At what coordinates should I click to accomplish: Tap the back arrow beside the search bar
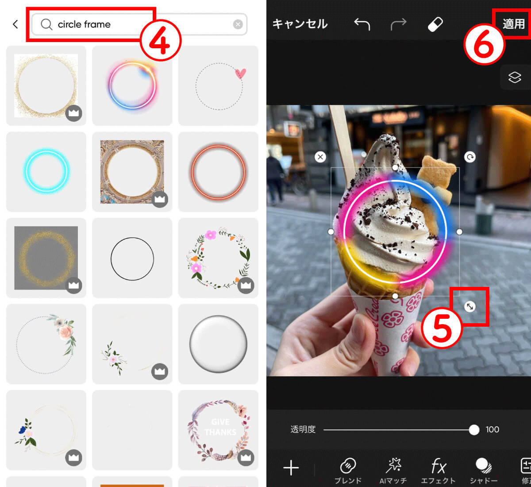tap(15, 24)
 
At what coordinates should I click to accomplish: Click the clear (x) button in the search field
tap(238, 24)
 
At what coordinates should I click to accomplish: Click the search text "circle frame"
tap(84, 24)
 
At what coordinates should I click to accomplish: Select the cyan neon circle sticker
tap(46, 171)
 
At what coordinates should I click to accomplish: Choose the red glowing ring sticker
tap(218, 172)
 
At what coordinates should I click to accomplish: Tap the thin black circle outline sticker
tap(132, 259)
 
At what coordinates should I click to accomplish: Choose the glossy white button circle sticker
tap(218, 344)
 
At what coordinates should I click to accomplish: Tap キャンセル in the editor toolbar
tap(300, 24)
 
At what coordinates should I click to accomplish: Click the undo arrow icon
tap(362, 24)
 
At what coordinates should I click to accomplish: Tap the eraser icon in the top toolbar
tap(435, 24)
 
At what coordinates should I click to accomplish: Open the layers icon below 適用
tap(515, 77)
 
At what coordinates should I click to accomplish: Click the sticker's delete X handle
tap(320, 157)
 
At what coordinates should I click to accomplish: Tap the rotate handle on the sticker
tap(470, 157)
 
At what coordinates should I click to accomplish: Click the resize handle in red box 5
tap(470, 306)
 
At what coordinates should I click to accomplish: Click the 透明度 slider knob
tap(474, 429)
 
